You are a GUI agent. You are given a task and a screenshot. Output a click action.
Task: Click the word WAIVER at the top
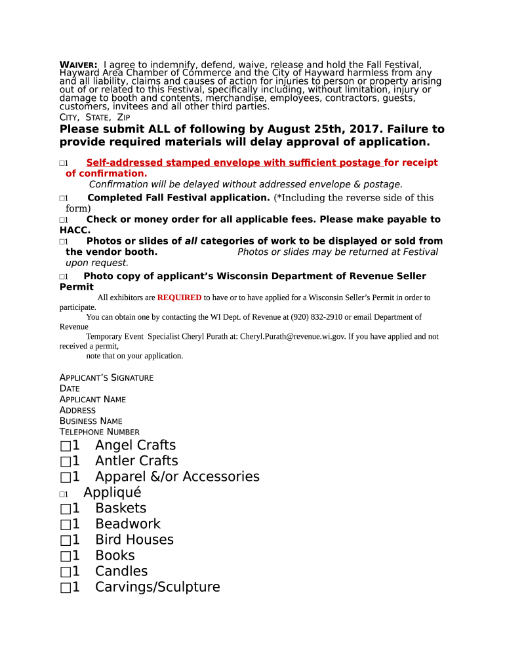79,64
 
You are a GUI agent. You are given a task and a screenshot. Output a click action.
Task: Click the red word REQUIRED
179,297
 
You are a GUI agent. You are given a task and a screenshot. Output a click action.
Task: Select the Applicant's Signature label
106,378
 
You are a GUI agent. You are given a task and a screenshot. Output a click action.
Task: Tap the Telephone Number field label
99,432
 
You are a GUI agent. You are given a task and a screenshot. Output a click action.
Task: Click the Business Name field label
91,421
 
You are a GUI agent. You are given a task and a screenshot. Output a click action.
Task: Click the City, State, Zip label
94,117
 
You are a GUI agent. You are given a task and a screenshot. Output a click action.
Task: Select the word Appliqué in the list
112,493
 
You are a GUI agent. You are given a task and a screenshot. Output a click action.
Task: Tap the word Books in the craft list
115,556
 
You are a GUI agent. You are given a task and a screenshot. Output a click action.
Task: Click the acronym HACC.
74,231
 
